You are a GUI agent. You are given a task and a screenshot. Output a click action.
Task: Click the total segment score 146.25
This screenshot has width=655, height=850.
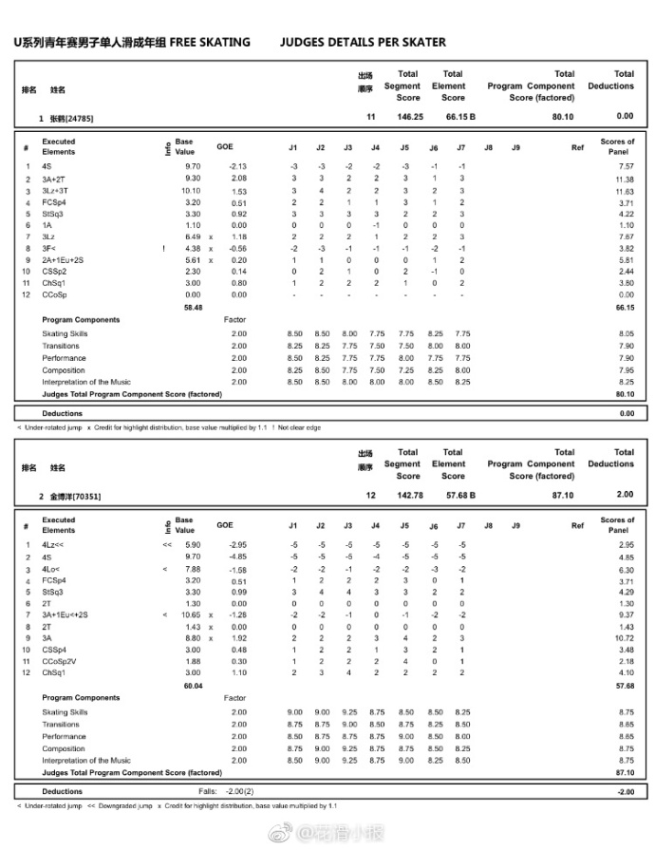[409, 117]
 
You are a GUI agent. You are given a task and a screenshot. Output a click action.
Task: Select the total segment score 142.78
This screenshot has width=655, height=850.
[409, 495]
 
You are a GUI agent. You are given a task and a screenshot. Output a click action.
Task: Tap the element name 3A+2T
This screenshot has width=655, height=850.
[55, 179]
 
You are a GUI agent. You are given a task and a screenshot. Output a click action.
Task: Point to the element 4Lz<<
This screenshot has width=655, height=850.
[54, 545]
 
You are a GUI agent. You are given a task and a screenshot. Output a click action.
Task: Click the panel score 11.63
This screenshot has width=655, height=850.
[624, 191]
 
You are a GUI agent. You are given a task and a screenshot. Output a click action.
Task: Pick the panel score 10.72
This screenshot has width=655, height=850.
[624, 638]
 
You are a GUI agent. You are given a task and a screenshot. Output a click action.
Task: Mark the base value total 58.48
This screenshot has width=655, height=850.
[193, 308]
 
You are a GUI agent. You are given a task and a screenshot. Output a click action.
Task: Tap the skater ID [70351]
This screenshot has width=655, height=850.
[84, 497]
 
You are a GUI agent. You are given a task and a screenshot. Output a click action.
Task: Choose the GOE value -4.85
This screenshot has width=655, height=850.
[237, 557]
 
